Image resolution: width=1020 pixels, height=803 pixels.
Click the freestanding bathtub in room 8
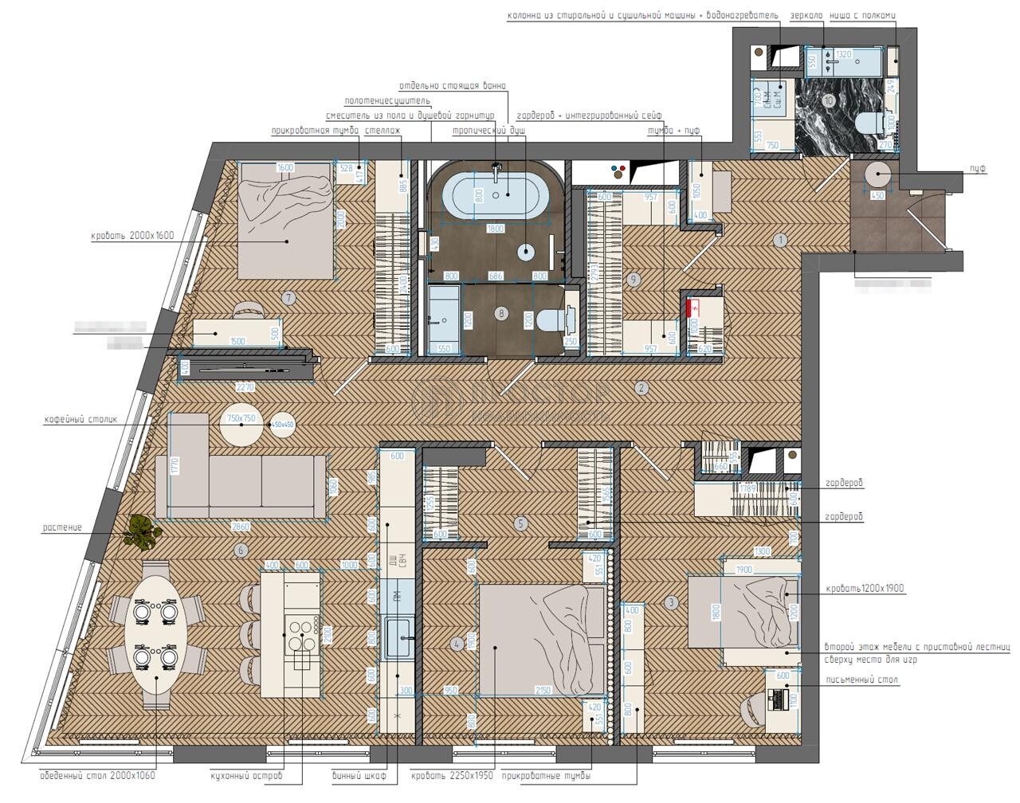click(x=495, y=195)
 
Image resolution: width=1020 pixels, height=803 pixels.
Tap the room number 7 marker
click(x=289, y=298)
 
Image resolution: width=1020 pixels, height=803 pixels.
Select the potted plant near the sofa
click(x=142, y=531)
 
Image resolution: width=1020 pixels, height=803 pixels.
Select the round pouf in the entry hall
click(x=877, y=175)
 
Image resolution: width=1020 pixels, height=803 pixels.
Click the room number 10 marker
click(x=829, y=100)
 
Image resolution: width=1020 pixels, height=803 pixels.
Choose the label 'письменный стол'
click(x=861, y=680)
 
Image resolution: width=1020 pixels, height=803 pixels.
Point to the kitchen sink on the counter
click(x=398, y=637)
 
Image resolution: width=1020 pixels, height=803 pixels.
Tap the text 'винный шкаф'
click(x=359, y=775)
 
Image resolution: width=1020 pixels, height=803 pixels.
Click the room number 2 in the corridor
click(x=641, y=389)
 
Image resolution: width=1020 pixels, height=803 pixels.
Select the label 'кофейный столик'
click(x=80, y=417)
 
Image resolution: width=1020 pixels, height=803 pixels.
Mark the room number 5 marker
click(x=521, y=524)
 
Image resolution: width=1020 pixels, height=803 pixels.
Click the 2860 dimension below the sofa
click(x=240, y=527)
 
